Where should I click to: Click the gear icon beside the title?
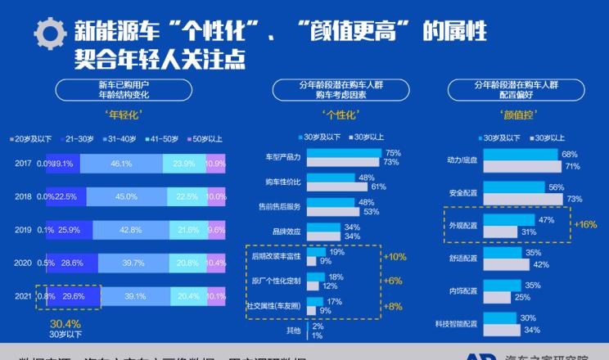click(50, 34)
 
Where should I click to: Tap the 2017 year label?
click(24, 164)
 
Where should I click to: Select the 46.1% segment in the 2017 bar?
click(121, 164)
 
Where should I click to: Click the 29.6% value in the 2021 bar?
click(73, 296)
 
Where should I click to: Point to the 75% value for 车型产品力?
click(392, 153)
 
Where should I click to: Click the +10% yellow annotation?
click(395, 257)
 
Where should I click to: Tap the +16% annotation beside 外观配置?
click(585, 223)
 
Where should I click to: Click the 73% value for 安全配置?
click(575, 199)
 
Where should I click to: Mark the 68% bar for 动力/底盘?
click(521, 154)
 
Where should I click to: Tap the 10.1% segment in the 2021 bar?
click(216, 296)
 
